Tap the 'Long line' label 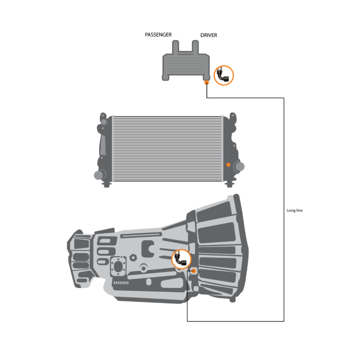coord(295,210)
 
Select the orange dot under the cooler coord(206,82)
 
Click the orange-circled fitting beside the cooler coord(224,75)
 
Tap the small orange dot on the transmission coord(194,271)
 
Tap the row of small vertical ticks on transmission coord(119,283)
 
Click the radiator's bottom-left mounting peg coord(107,184)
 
